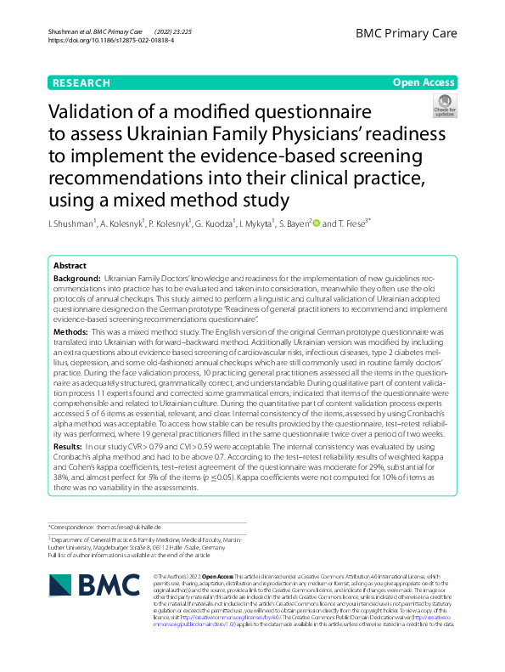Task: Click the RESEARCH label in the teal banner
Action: click(81, 82)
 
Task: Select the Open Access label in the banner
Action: click(424, 82)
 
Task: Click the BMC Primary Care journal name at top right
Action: click(419, 35)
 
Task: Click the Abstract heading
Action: click(70, 266)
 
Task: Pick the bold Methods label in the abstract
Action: click(70, 330)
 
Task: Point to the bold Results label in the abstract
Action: click(68, 444)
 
